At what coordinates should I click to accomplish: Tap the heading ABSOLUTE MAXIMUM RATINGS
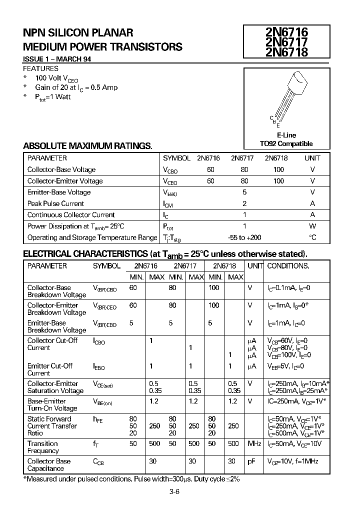tap(87, 146)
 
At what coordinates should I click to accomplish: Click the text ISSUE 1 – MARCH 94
tap(57, 59)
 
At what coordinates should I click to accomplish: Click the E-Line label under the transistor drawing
tap(286, 135)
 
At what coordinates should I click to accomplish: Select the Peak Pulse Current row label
tap(55, 203)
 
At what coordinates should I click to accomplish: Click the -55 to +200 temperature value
tap(244, 237)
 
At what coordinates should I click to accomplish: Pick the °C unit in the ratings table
tap(312, 237)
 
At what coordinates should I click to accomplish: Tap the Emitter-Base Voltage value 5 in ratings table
tap(244, 192)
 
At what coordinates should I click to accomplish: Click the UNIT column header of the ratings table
tap(312, 158)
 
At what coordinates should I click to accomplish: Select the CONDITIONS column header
tap(288, 266)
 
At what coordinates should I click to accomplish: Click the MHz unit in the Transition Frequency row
tap(254, 443)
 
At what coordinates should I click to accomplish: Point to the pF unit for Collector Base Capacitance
tap(252, 461)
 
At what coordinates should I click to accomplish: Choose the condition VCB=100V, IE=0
tap(289, 355)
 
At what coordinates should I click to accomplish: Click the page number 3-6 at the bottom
tap(174, 492)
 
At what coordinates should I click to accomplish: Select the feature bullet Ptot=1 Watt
tap(52, 97)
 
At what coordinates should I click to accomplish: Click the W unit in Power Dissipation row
tap(312, 226)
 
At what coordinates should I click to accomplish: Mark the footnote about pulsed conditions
tap(131, 479)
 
